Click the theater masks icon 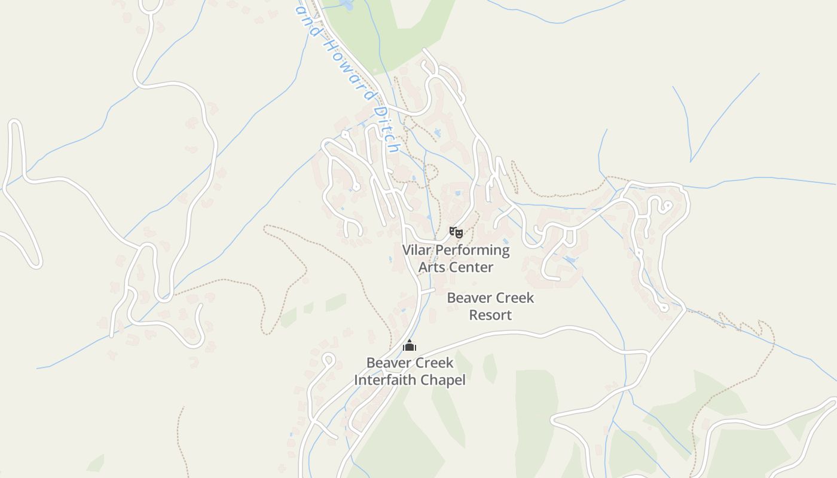point(456,232)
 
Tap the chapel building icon point(409,346)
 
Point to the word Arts point(431,267)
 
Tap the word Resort point(490,315)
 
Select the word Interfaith point(384,379)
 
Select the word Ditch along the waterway point(386,130)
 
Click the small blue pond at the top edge point(346,5)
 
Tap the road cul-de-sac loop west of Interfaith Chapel point(328,360)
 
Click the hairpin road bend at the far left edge point(15,125)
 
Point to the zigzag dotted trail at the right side point(744,326)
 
